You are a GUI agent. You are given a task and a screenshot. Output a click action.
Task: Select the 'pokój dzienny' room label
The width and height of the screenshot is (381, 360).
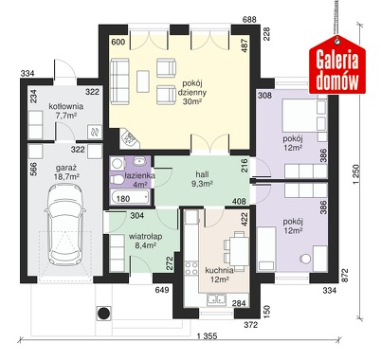tap(191, 88)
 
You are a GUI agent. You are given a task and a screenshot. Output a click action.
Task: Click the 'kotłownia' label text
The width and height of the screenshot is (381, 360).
tap(65, 106)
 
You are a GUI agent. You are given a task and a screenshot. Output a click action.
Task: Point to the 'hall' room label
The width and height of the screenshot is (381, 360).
tap(202, 174)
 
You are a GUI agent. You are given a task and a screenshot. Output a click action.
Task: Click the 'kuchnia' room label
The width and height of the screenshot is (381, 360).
tap(219, 270)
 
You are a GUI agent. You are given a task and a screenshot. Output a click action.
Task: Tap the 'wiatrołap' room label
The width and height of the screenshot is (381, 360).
tap(146, 236)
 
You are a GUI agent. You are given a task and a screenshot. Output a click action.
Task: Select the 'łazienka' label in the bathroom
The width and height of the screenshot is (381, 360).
tap(139, 175)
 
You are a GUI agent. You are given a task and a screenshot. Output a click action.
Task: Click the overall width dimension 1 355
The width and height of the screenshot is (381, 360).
tap(208, 336)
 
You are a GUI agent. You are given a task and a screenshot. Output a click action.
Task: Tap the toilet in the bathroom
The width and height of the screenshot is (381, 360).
tap(117, 179)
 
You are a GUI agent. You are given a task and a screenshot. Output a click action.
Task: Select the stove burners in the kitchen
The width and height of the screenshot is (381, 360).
tap(191, 268)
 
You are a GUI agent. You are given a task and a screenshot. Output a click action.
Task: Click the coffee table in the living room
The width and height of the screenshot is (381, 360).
tap(143, 81)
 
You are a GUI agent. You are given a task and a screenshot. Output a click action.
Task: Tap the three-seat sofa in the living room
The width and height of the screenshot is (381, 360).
tap(119, 81)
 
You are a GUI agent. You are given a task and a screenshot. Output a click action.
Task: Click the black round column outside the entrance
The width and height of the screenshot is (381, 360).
tap(103, 314)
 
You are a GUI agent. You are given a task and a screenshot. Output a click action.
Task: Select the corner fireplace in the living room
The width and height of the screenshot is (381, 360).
tap(130, 138)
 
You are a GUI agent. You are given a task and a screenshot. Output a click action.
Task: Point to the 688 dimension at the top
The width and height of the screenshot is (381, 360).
tap(249, 20)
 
